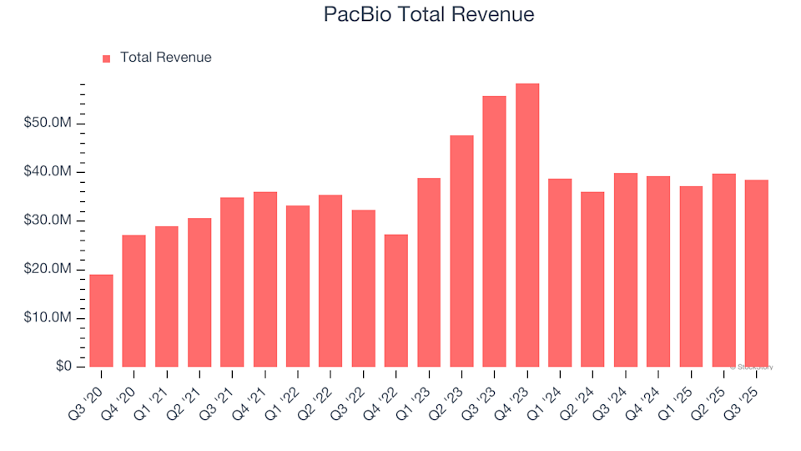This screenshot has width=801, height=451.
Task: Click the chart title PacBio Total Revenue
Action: click(x=427, y=15)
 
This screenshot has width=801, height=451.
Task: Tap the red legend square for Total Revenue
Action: click(x=106, y=58)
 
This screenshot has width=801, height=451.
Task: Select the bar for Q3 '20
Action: click(x=101, y=321)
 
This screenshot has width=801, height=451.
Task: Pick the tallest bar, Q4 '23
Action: click(x=527, y=225)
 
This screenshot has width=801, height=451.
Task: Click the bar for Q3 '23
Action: click(x=494, y=231)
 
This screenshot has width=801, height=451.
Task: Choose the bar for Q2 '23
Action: click(x=461, y=251)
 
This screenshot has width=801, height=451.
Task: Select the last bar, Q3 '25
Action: click(x=756, y=273)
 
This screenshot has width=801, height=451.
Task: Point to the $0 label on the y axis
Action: click(x=63, y=367)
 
